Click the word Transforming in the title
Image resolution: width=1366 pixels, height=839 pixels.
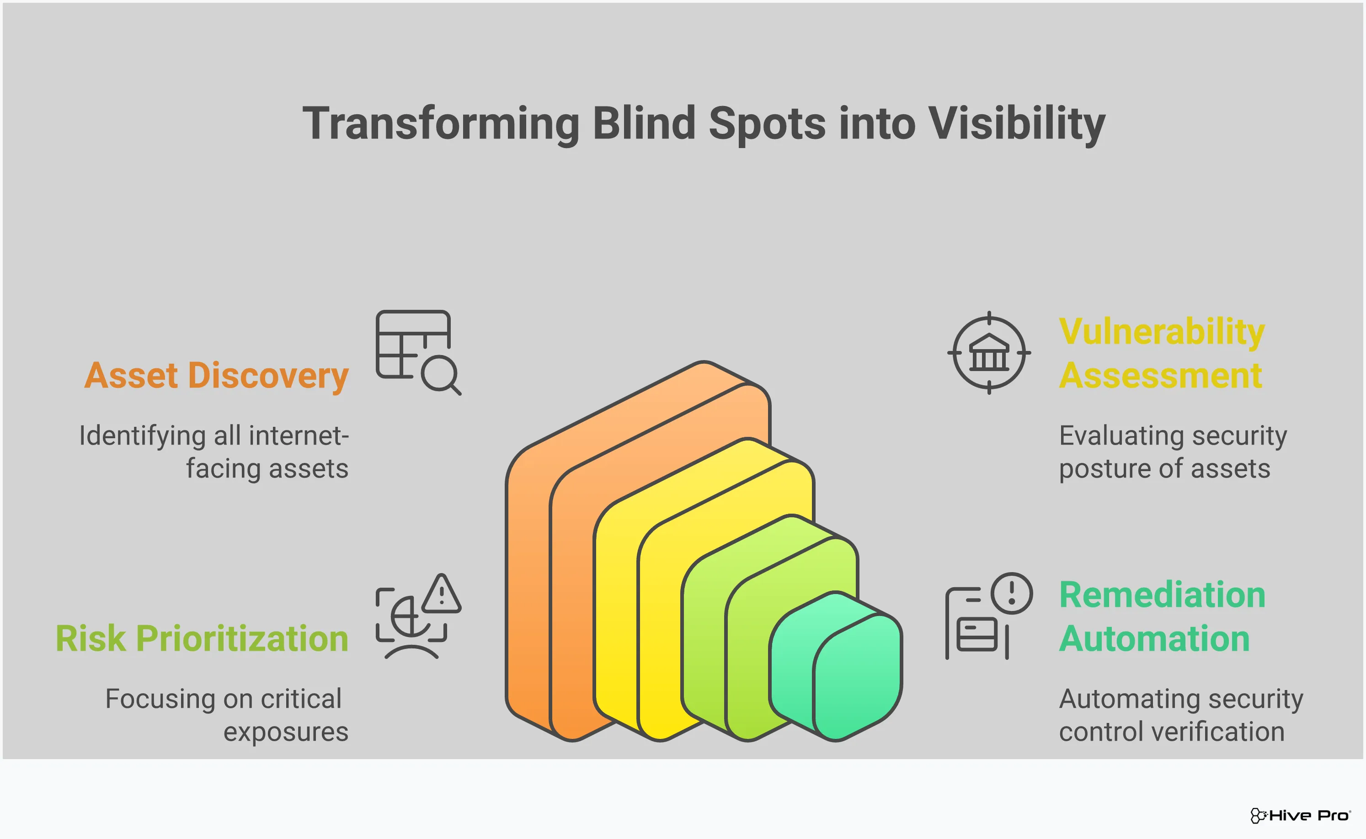(x=441, y=124)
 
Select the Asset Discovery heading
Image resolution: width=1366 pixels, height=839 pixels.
(x=217, y=376)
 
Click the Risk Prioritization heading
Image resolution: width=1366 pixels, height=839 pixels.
(x=202, y=639)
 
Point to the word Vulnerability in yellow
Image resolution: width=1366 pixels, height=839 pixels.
(x=1161, y=332)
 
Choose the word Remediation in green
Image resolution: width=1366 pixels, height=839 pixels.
(x=1162, y=595)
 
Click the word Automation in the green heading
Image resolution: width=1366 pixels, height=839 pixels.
(x=1154, y=639)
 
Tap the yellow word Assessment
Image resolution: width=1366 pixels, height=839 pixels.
(x=1160, y=376)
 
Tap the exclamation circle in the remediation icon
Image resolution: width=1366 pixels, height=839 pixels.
(x=1011, y=593)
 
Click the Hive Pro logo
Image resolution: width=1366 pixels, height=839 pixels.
(x=1300, y=815)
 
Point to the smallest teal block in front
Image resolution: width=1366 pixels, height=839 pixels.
(x=843, y=671)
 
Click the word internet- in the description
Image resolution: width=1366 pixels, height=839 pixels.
(x=299, y=435)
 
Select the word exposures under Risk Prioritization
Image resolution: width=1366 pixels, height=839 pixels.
(x=286, y=732)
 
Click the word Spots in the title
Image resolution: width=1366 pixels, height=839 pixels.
(x=767, y=124)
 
